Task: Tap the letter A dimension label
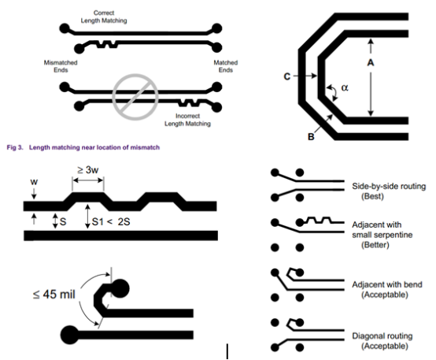click(371, 63)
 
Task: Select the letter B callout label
click(311, 137)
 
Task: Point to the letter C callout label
click(287, 76)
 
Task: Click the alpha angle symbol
click(345, 87)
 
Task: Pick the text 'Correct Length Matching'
click(104, 17)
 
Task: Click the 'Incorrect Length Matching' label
click(187, 120)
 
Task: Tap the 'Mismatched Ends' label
click(61, 66)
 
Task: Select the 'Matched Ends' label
click(226, 66)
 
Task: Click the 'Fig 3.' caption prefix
click(15, 147)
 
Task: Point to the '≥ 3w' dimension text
click(88, 170)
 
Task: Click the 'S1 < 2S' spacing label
click(111, 222)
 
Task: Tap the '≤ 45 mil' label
click(54, 295)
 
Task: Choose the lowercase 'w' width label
click(34, 182)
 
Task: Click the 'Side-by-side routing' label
click(389, 186)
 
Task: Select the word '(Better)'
click(375, 245)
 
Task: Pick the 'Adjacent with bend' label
click(387, 284)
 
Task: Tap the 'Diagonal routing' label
click(382, 336)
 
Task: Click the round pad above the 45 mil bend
click(120, 288)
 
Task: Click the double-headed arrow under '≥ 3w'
click(88, 180)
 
